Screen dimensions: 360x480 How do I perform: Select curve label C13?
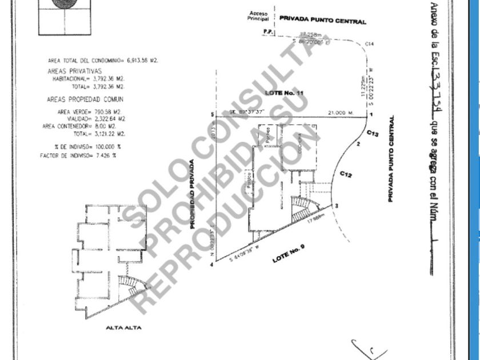[x=373, y=133]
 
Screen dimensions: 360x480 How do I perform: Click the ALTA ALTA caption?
[x=123, y=328]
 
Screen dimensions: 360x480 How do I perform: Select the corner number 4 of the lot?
[x=211, y=265]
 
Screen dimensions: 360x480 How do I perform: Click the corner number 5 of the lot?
[x=212, y=115]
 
